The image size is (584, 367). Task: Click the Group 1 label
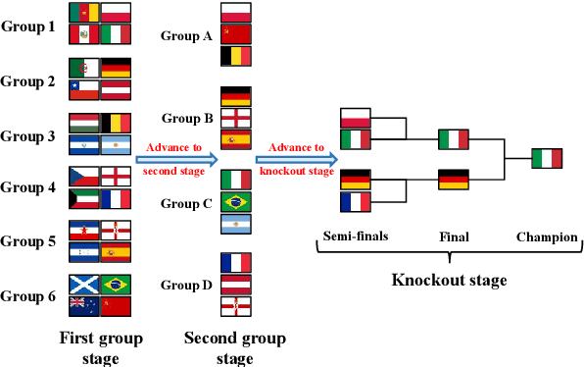pyautogui.click(x=27, y=26)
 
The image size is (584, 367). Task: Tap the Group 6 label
pyautogui.click(x=27, y=294)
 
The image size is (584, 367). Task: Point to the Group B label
pyautogui.click(x=187, y=119)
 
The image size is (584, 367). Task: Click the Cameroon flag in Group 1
pyautogui.click(x=84, y=13)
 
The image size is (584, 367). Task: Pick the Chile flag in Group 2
pyautogui.click(x=84, y=90)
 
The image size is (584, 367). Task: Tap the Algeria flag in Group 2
pyautogui.click(x=84, y=69)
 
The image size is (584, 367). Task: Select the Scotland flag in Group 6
pyautogui.click(x=84, y=285)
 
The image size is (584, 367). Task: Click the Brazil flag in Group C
pyautogui.click(x=236, y=202)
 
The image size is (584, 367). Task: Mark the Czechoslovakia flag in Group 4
pyautogui.click(x=84, y=177)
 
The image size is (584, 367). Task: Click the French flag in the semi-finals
pyautogui.click(x=356, y=202)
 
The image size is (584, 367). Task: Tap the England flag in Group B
pyautogui.click(x=236, y=118)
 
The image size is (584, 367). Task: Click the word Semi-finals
pyautogui.click(x=356, y=236)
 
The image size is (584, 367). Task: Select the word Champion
pyautogui.click(x=548, y=236)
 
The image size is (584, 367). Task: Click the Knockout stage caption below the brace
pyautogui.click(x=449, y=281)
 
